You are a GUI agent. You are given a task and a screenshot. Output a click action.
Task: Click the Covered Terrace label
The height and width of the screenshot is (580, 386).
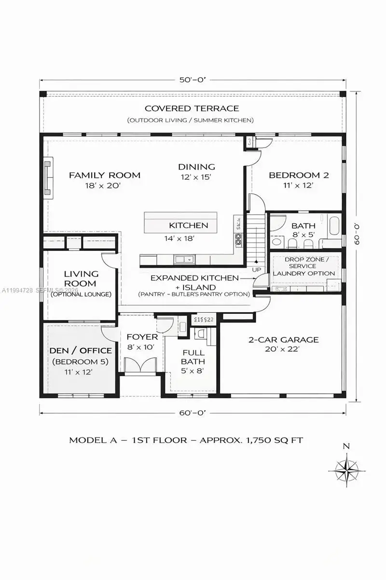click(192, 108)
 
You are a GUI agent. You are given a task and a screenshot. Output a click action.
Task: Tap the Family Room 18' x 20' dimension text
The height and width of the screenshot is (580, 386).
click(104, 186)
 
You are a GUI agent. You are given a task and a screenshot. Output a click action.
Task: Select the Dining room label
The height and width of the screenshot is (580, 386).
click(196, 167)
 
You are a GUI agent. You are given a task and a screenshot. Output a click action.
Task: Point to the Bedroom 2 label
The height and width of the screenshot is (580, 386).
click(299, 175)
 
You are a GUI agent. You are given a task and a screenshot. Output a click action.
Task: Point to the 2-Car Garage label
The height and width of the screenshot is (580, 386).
click(283, 340)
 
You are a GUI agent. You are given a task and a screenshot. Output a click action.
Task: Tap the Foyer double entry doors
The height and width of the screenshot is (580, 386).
click(140, 364)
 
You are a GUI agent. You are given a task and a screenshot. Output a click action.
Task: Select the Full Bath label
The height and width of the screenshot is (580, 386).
click(193, 357)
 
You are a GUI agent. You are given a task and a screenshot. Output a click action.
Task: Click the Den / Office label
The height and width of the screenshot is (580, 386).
click(81, 350)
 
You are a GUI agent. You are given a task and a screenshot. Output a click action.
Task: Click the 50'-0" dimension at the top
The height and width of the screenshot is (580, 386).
click(193, 80)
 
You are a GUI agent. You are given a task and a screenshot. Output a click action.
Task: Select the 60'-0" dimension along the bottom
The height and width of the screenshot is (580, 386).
click(193, 413)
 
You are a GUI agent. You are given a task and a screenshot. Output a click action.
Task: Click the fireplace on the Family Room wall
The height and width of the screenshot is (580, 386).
click(48, 178)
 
